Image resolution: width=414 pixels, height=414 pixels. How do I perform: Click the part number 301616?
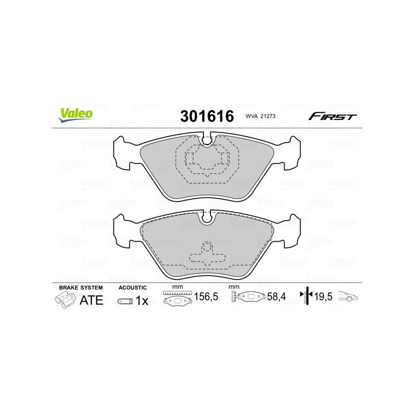(x=207, y=116)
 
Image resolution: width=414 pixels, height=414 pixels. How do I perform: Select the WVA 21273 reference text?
(x=260, y=116)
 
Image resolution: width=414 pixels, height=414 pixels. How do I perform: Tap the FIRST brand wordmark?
(x=333, y=116)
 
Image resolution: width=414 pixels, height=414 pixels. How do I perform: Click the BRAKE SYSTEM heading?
(x=81, y=288)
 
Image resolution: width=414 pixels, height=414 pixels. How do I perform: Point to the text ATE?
(x=92, y=300)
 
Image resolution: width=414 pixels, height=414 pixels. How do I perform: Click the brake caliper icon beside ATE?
(x=65, y=301)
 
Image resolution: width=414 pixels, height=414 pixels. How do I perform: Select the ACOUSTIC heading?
(x=132, y=288)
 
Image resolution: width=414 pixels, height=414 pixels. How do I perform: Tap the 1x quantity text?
(x=142, y=301)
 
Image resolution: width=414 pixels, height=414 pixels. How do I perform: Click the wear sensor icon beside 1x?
(x=125, y=301)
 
